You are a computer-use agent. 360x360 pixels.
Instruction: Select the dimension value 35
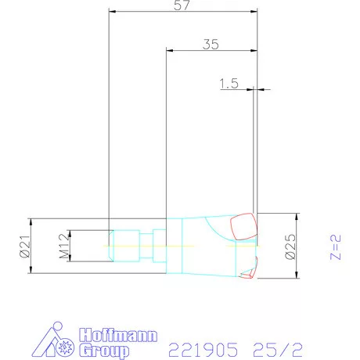coord(210,45)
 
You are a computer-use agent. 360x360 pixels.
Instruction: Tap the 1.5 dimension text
coord(229,84)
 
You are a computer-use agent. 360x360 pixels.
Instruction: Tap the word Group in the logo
coord(102,351)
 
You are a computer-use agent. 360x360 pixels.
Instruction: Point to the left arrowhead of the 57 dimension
coord(111,12)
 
